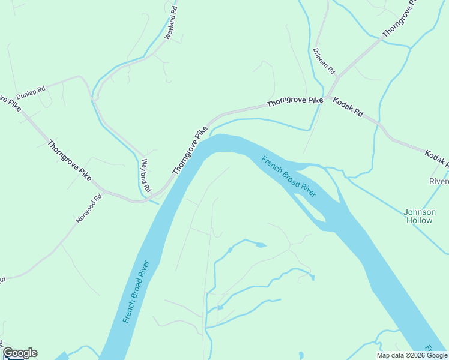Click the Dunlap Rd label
tap(31, 93)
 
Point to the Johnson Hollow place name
tap(418, 216)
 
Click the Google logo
tap(19, 353)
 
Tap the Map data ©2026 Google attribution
tap(412, 355)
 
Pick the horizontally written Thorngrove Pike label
tap(295, 102)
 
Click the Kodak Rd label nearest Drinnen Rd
tap(348, 107)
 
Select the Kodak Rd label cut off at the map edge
tap(436, 158)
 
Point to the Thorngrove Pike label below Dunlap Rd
tap(69, 160)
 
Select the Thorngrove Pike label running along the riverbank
tap(190, 151)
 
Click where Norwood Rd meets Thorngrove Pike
tap(106, 192)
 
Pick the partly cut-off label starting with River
tap(439, 181)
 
